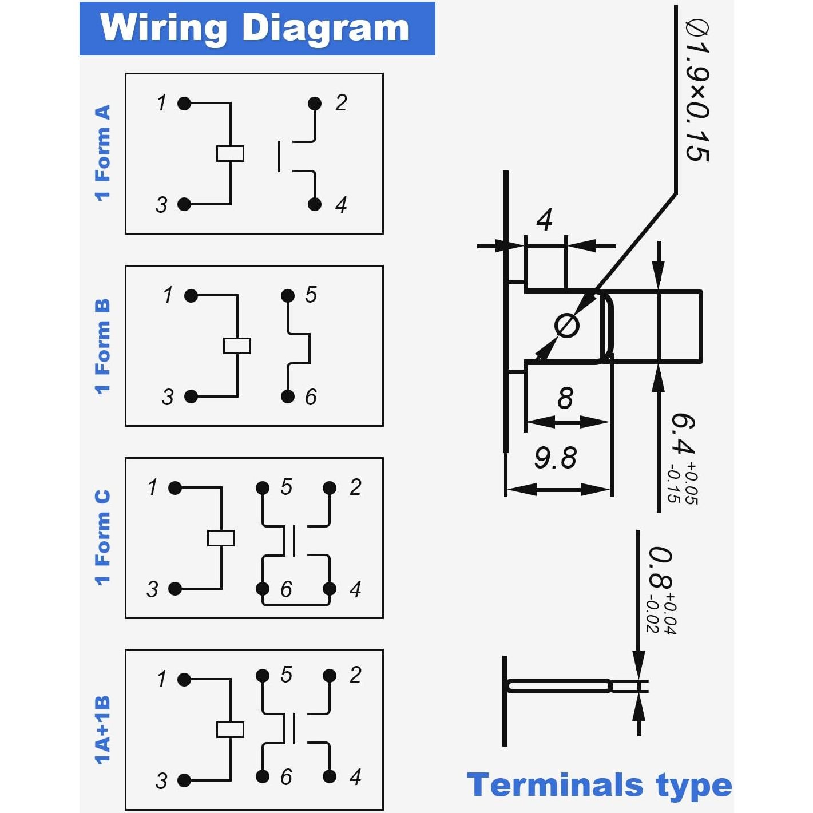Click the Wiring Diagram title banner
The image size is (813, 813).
pyautogui.click(x=257, y=29)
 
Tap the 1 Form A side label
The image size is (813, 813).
pyautogui.click(x=102, y=153)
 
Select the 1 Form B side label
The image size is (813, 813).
pyautogui.click(x=102, y=346)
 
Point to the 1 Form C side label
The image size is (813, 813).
pyautogui.click(x=102, y=538)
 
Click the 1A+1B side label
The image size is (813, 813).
pyautogui.click(x=102, y=730)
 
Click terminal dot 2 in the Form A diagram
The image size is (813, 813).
pyautogui.click(x=315, y=104)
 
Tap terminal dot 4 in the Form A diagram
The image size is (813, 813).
pyautogui.click(x=315, y=204)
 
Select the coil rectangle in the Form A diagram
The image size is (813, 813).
pyautogui.click(x=230, y=153)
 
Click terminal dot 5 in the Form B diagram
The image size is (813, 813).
pyautogui.click(x=288, y=296)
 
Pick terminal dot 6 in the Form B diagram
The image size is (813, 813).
pyautogui.click(x=288, y=396)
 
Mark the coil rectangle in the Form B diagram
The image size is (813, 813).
pyautogui.click(x=237, y=346)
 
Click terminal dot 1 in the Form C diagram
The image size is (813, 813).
pyautogui.click(x=175, y=488)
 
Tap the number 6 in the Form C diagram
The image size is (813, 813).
pyautogui.click(x=286, y=589)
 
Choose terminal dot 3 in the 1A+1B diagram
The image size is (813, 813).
pyautogui.click(x=184, y=780)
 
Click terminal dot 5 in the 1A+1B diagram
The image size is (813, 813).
pyautogui.click(x=263, y=676)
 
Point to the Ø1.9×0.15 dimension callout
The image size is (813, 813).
pyautogui.click(x=697, y=92)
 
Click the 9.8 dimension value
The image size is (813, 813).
pyautogui.click(x=555, y=458)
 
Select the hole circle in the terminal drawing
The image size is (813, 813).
pyautogui.click(x=567, y=326)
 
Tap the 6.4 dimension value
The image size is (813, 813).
pyautogui.click(x=683, y=435)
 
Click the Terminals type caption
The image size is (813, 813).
pyautogui.click(x=599, y=784)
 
